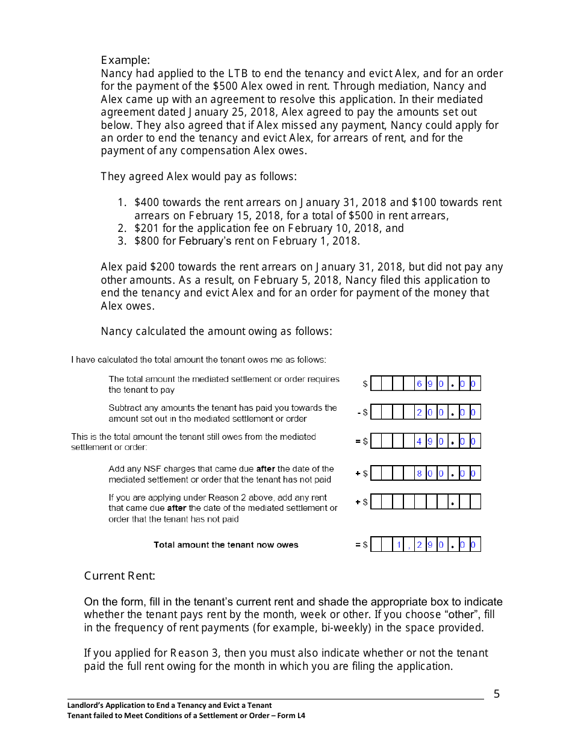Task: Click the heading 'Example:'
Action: coord(125,60)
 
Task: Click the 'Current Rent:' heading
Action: coord(119,576)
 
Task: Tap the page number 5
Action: coord(497,694)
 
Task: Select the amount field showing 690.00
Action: coord(425,384)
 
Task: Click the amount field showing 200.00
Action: coord(425,413)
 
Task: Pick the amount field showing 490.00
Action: coord(425,442)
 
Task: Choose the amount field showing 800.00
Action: coord(425,474)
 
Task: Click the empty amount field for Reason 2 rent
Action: coord(425,502)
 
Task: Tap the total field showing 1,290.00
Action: coord(425,545)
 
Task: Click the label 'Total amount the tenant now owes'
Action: coord(226,545)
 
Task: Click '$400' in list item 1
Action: coord(147,203)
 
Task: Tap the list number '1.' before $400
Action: coord(122,203)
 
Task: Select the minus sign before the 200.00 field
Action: coord(358,413)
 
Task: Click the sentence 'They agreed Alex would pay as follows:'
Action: coord(199,177)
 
